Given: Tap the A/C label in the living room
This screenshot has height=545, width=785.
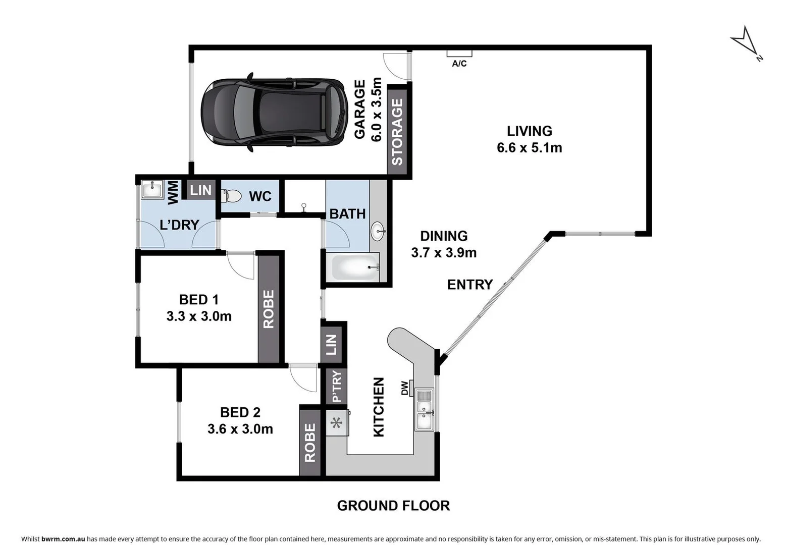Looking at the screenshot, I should click(x=459, y=64).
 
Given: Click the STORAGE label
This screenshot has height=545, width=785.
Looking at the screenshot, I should click(x=397, y=132).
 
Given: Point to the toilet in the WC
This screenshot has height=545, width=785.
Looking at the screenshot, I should click(x=231, y=195).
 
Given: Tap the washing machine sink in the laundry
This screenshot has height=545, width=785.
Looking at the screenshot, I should click(x=151, y=190).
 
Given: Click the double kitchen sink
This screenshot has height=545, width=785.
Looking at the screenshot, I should click(x=424, y=409).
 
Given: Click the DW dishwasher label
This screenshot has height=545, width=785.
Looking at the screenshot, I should click(x=404, y=388).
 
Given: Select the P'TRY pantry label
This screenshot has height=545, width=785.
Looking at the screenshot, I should click(x=337, y=386).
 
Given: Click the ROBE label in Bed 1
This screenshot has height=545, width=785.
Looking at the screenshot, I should click(x=269, y=309).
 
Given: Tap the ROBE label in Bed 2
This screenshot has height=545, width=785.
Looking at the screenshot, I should click(x=310, y=443).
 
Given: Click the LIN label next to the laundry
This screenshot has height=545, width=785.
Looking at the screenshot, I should click(x=200, y=190).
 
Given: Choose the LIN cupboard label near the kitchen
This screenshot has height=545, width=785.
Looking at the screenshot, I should click(x=331, y=345).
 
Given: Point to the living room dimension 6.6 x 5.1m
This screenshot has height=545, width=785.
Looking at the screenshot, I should click(x=529, y=148).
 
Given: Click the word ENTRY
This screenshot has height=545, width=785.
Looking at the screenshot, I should click(x=469, y=285).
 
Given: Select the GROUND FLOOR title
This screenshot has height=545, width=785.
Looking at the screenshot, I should click(x=393, y=505).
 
